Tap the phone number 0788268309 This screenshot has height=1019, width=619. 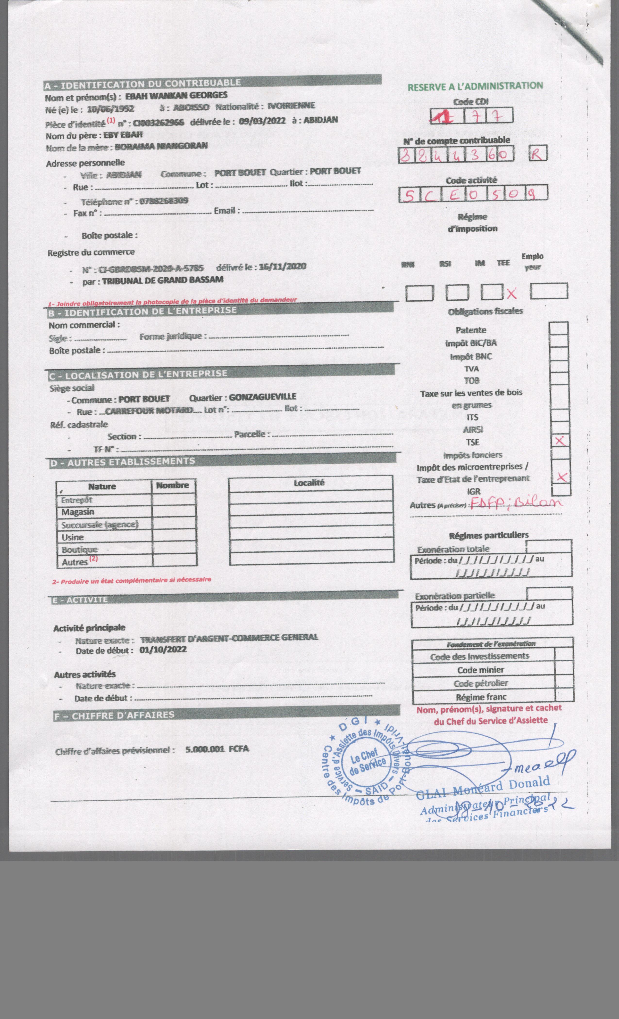[163, 201]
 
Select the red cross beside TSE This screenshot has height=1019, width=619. [560, 441]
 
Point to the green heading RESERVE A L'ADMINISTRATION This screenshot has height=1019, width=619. [475, 86]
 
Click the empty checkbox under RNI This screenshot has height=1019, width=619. [419, 293]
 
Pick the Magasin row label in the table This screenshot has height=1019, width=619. [78, 512]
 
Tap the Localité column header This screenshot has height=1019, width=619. [309, 483]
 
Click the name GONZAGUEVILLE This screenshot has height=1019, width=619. [262, 397]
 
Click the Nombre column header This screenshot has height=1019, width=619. [173, 485]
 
